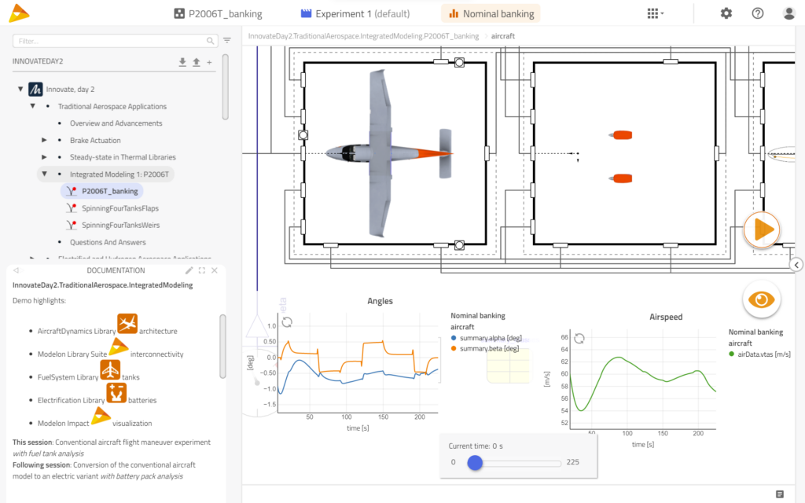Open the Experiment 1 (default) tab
[355, 13]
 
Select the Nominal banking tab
[491, 13]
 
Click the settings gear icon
[726, 13]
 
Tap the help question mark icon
[758, 13]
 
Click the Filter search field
[110, 40]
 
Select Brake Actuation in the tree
[95, 140]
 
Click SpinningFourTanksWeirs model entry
[120, 225]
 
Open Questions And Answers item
[108, 242]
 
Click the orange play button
[762, 229]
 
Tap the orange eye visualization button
[761, 299]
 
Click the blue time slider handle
[475, 463]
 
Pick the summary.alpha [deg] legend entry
[487, 337]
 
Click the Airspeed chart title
[666, 317]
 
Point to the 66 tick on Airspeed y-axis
[564, 337]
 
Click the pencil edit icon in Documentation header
[189, 270]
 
